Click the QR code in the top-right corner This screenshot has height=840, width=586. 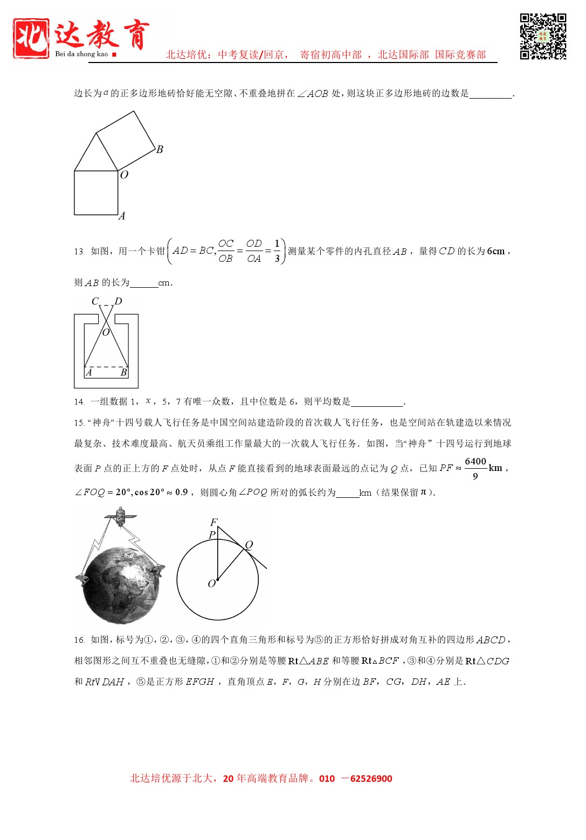pos(543,36)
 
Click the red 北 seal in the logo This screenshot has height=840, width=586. pos(31,38)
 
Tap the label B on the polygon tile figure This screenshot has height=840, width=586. pos(160,149)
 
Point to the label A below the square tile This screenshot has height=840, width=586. pos(122,216)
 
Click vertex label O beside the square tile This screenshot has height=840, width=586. pos(124,175)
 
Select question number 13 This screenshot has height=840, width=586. pos(79,252)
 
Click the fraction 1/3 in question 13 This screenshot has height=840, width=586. pos(277,251)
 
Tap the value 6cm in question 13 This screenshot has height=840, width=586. pos(495,251)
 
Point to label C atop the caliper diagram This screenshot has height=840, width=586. pos(95,301)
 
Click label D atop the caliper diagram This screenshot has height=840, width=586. pos(118,301)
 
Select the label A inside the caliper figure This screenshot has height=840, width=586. pos(89,372)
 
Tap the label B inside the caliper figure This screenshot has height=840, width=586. pos(123,372)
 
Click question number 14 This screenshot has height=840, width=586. pos(79,401)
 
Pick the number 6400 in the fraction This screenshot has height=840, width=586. pos(475,461)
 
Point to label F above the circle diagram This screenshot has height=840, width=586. pos(213,522)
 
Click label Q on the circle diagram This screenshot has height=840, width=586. pos(249,545)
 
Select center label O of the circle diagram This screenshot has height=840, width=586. pos(212,584)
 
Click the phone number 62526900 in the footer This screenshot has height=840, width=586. pos(371,779)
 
